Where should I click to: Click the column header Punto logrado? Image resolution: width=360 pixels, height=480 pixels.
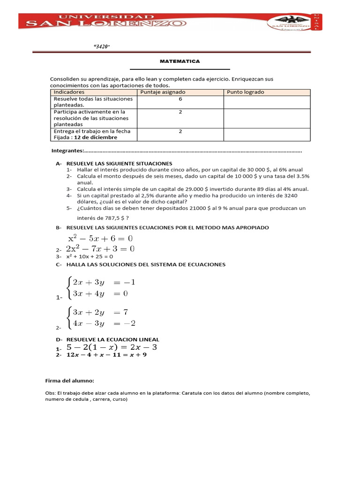click(246, 92)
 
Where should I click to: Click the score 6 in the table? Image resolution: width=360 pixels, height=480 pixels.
click(180, 99)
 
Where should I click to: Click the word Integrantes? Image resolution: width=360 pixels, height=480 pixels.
click(67, 151)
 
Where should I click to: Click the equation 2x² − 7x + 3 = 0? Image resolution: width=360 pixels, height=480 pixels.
click(103, 248)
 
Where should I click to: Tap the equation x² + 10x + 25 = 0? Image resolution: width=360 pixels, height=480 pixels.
click(90, 257)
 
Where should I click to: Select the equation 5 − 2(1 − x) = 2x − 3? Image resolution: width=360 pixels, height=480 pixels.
click(112, 347)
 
